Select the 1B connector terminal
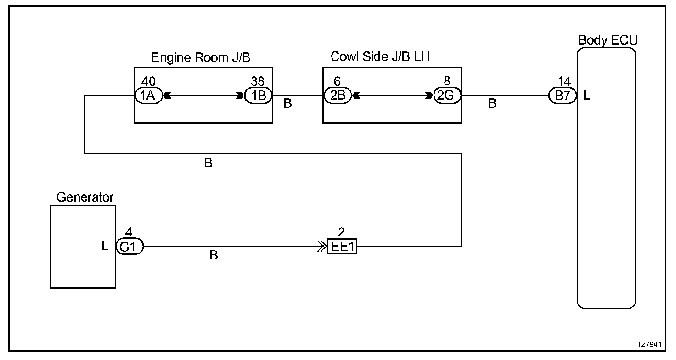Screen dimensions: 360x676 [258, 96]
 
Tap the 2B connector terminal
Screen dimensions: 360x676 [338, 96]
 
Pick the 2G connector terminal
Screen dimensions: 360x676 [447, 96]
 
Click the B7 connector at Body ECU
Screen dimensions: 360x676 [563, 96]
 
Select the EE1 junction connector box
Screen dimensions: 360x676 [342, 247]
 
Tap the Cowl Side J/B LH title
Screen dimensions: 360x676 [380, 56]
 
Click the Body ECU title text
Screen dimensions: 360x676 [608, 40]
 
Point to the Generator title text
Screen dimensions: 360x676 [85, 197]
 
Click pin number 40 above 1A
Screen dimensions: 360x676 [148, 82]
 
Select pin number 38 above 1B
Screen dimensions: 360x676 [258, 82]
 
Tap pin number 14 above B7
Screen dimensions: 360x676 [564, 82]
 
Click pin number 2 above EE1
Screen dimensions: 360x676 [341, 232]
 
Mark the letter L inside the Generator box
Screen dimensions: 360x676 [105, 246]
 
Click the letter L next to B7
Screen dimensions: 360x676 [587, 96]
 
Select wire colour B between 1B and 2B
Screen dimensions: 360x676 [287, 104]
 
